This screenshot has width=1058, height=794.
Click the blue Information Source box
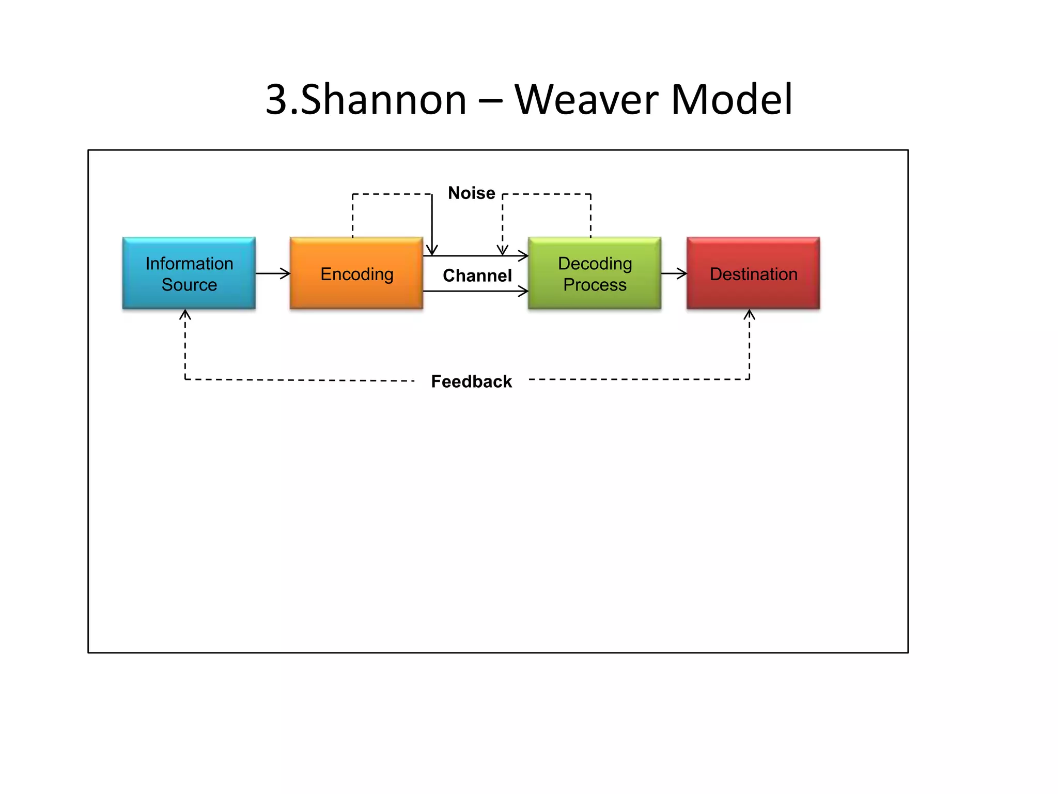click(189, 273)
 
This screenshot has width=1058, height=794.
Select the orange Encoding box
click(356, 273)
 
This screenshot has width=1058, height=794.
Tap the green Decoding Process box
click(595, 273)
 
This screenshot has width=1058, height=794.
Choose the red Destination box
click(753, 273)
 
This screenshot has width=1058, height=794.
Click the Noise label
click(471, 193)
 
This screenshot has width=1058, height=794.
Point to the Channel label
click(477, 276)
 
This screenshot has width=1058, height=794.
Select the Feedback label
click(471, 381)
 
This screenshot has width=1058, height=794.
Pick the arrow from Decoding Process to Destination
click(674, 273)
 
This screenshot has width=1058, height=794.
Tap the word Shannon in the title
click(383, 99)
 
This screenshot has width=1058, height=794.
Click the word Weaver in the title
click(587, 99)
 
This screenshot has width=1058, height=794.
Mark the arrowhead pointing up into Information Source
click(185, 314)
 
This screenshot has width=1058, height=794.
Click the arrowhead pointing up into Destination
click(750, 314)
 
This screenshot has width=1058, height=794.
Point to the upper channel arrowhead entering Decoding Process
click(524, 255)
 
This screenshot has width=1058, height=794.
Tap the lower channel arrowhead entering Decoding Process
click(524, 292)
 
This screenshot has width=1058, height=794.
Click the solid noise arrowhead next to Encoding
click(432, 251)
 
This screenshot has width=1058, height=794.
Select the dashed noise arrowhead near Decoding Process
click(503, 251)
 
